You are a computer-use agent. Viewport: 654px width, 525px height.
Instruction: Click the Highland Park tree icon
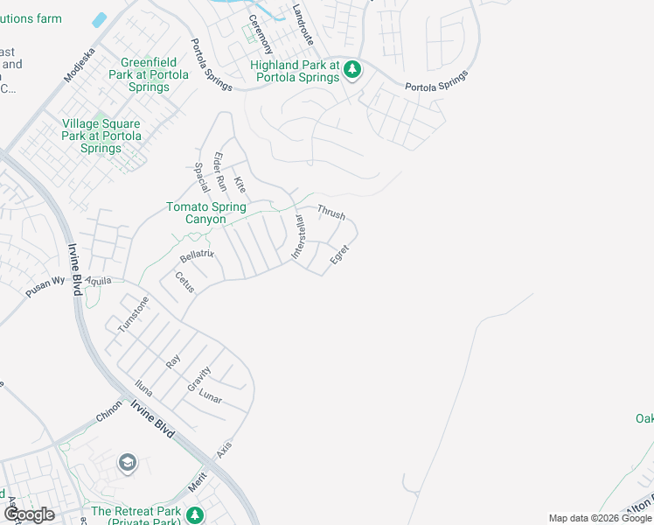351,69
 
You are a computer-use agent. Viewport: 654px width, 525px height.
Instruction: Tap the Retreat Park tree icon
197,514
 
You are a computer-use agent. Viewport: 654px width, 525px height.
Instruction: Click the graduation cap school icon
128,462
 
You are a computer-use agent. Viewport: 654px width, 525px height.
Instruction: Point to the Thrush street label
331,212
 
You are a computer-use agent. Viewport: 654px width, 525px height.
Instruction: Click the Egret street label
339,255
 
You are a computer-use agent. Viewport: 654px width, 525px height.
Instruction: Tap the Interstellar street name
297,236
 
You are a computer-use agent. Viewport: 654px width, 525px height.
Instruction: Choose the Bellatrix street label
197,255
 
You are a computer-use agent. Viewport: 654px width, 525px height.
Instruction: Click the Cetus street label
184,282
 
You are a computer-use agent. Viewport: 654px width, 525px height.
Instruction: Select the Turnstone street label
133,315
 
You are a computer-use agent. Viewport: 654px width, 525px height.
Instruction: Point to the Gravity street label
198,379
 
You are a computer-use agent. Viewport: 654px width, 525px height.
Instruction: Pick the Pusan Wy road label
45,288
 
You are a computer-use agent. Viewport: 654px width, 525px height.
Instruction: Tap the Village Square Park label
101,136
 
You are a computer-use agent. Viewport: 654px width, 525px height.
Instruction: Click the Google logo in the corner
29,514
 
